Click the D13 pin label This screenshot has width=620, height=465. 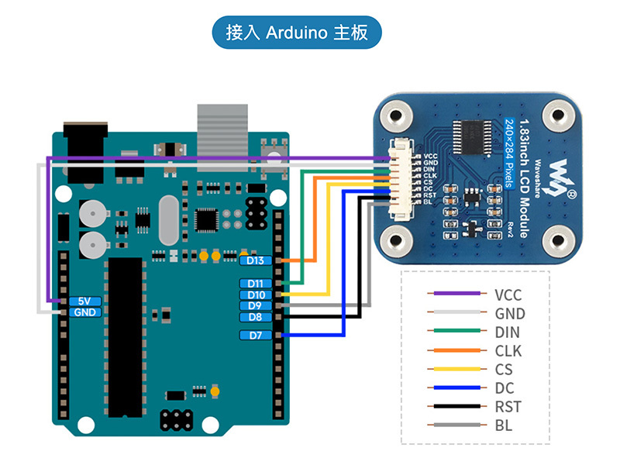click(x=256, y=260)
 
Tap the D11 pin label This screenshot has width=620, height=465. click(x=256, y=284)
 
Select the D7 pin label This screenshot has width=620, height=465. click(x=256, y=336)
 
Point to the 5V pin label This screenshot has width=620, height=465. click(x=85, y=301)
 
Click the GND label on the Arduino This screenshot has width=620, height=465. click(x=85, y=312)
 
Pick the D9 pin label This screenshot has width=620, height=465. click(x=256, y=305)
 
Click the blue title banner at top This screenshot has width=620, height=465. click(x=297, y=33)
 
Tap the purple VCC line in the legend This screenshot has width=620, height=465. click(x=457, y=294)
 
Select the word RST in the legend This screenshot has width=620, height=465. click(x=508, y=406)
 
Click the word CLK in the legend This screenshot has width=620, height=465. click(x=508, y=351)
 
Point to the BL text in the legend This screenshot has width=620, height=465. click(x=503, y=425)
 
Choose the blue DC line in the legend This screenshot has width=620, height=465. click(x=457, y=387)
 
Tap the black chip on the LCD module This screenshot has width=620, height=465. click(x=472, y=137)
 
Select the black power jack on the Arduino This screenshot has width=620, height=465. click(x=86, y=152)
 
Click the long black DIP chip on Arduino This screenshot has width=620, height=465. click(x=126, y=337)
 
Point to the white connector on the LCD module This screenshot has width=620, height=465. click(x=401, y=179)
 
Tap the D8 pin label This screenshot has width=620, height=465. click(x=256, y=317)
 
